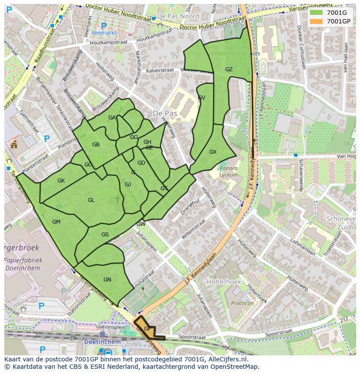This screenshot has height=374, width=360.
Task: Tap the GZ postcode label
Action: [x=229, y=70]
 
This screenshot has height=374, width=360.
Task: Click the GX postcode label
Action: [x=213, y=152]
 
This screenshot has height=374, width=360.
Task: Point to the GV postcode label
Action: [x=201, y=98]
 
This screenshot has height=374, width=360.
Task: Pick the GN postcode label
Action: [x=107, y=280]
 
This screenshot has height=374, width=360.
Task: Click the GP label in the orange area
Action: [x=147, y=329]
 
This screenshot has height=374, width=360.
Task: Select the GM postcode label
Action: [x=56, y=222]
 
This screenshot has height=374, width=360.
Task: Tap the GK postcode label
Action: [x=61, y=181]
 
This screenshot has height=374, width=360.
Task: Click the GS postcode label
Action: [x=105, y=235]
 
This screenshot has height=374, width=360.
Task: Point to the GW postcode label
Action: [x=141, y=224]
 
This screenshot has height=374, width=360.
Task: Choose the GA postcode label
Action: [x=112, y=118]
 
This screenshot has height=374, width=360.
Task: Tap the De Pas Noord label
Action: [x=178, y=16]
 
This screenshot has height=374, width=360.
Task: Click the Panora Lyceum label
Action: [x=229, y=171]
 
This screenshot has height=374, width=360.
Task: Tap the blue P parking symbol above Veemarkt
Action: [x=103, y=26]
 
